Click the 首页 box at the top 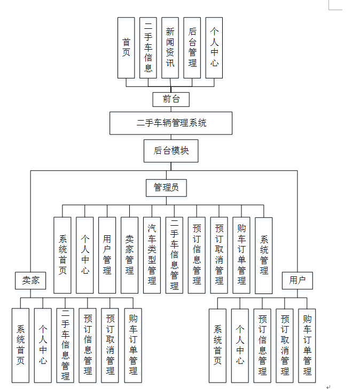(126, 47)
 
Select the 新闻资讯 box (170, 47)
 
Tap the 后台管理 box (192, 47)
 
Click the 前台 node (170, 99)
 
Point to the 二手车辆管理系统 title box (171, 123)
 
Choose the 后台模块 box (171, 150)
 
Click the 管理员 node (166, 187)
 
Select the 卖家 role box (30, 280)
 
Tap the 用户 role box (298, 280)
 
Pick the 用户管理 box (107, 255)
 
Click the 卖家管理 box (129, 255)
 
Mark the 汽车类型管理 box (152, 255)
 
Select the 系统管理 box (264, 255)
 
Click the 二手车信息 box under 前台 (148, 47)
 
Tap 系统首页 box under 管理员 (62, 255)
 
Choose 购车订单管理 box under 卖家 (133, 345)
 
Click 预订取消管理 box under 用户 (285, 345)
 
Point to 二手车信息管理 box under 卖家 (65, 345)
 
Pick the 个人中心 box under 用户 (240, 345)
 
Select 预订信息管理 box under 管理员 (197, 255)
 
